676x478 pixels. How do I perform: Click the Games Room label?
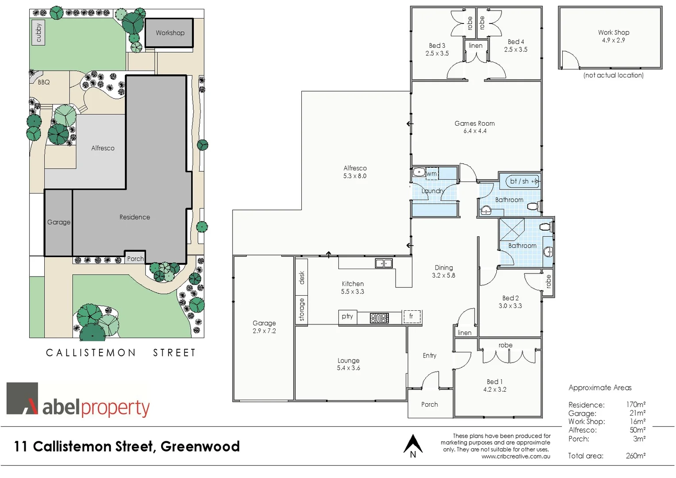click(x=474, y=123)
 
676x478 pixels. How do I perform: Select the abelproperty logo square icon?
click(x=22, y=398)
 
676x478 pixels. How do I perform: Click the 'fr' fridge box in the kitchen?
click(x=411, y=316)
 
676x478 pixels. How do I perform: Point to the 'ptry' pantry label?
click(x=347, y=316)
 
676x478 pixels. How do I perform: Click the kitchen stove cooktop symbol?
click(x=379, y=317)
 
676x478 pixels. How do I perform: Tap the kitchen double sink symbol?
click(x=384, y=263)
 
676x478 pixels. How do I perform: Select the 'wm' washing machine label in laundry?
click(x=432, y=173)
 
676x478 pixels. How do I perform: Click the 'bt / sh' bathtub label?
click(x=519, y=181)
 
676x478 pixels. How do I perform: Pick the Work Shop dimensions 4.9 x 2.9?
click(x=613, y=40)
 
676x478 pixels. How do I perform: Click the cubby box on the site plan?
click(x=38, y=33)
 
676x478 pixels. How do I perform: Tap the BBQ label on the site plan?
click(x=43, y=82)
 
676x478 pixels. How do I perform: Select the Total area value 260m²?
click(x=635, y=456)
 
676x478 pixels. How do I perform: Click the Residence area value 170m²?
click(x=635, y=405)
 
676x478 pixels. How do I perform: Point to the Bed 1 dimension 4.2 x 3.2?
click(x=495, y=389)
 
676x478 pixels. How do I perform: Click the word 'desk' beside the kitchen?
click(x=302, y=278)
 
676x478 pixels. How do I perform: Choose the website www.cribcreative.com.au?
click(x=516, y=456)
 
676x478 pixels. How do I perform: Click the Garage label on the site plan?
click(x=59, y=222)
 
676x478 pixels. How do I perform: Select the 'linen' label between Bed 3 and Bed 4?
click(x=476, y=46)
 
